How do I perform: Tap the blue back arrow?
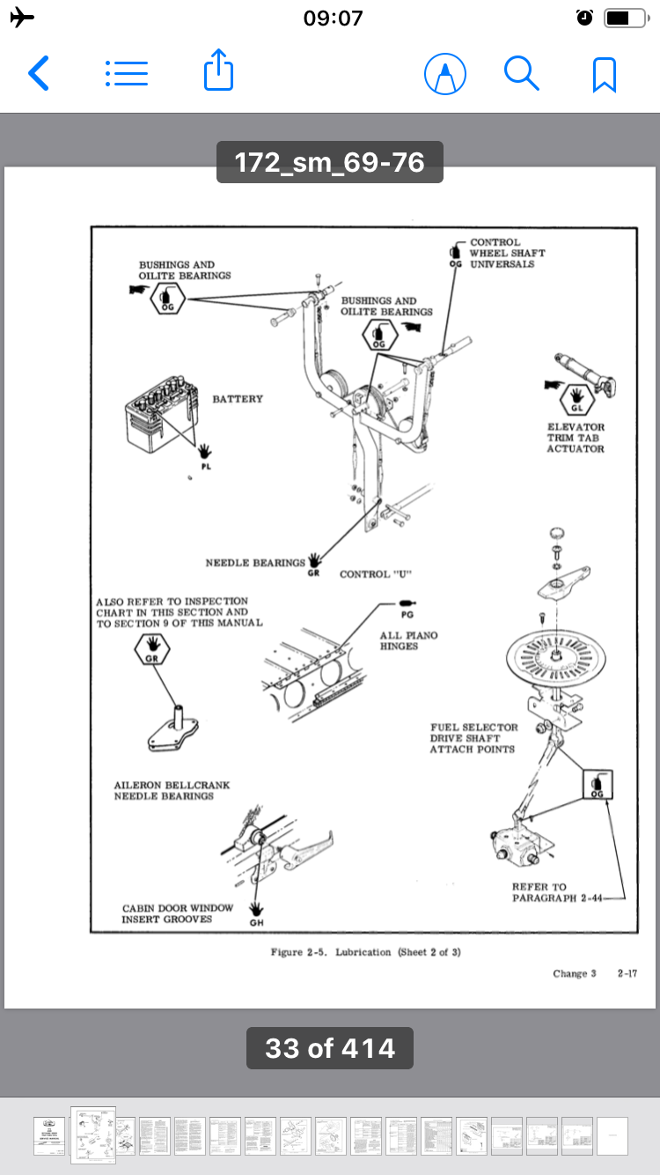tap(39, 74)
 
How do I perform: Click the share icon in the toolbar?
tap(218, 70)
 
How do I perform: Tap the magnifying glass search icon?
tap(521, 73)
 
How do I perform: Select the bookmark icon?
tap(604, 74)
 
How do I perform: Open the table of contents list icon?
tap(127, 73)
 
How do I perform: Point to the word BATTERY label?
tap(238, 399)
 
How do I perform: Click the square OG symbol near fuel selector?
tap(598, 784)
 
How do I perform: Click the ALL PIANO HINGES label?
tap(408, 640)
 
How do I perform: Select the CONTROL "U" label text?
tap(376, 574)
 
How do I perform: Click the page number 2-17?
tap(627, 973)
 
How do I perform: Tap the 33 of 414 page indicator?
tap(330, 1048)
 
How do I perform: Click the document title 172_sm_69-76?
tap(330, 163)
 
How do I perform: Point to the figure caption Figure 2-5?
tap(364, 952)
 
